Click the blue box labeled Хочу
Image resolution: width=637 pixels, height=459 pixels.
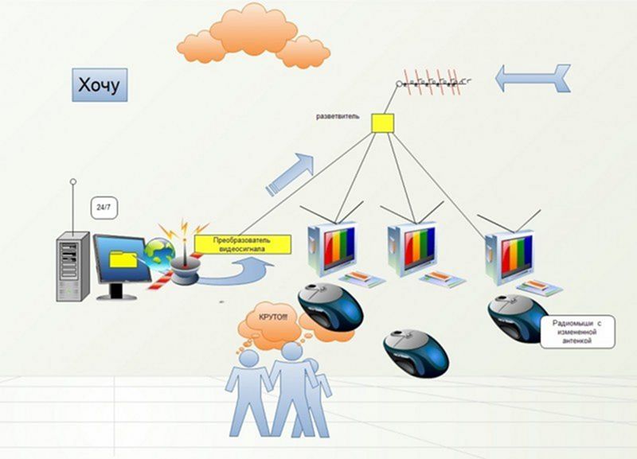(100, 85)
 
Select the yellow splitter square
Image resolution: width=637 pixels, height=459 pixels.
(382, 123)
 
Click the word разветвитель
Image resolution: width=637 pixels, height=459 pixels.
(338, 116)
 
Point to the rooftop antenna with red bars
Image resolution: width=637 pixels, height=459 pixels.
(433, 83)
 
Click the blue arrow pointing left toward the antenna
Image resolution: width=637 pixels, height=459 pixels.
(533, 78)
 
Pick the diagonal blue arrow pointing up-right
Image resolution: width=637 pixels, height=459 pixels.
(290, 174)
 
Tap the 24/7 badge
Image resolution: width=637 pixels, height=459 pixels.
(104, 208)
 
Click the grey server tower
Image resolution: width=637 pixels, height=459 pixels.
(72, 266)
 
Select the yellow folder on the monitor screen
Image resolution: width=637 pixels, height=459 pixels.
(123, 259)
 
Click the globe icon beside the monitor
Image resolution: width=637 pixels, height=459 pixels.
(159, 255)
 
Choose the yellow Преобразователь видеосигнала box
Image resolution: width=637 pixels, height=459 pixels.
(243, 244)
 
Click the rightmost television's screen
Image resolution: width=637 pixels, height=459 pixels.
(516, 255)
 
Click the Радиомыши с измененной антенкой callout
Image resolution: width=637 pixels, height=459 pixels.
(577, 332)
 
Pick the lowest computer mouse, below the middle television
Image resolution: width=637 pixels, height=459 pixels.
(416, 352)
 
